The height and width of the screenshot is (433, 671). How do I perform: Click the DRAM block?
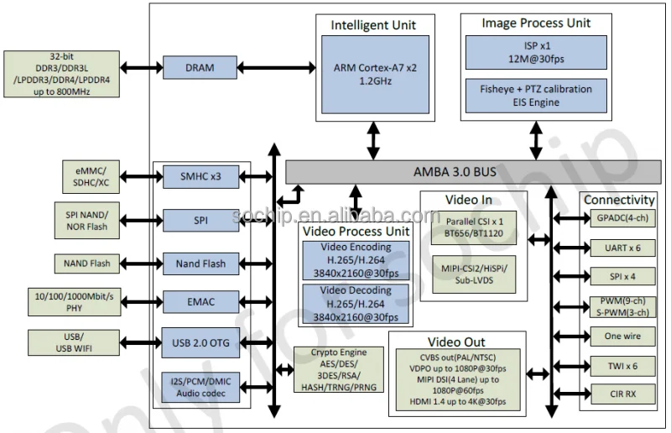click(x=200, y=67)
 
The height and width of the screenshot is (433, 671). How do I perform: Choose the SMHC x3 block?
click(x=200, y=177)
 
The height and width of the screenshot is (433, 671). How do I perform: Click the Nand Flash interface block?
click(x=200, y=263)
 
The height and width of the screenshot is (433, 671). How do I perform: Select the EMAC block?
click(x=200, y=300)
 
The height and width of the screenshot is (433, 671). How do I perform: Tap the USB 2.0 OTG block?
click(x=200, y=342)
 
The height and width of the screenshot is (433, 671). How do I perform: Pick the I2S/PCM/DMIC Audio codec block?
click(x=200, y=386)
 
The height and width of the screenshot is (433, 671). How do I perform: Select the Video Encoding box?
click(x=356, y=260)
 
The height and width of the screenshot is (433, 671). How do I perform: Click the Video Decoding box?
click(x=356, y=304)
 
